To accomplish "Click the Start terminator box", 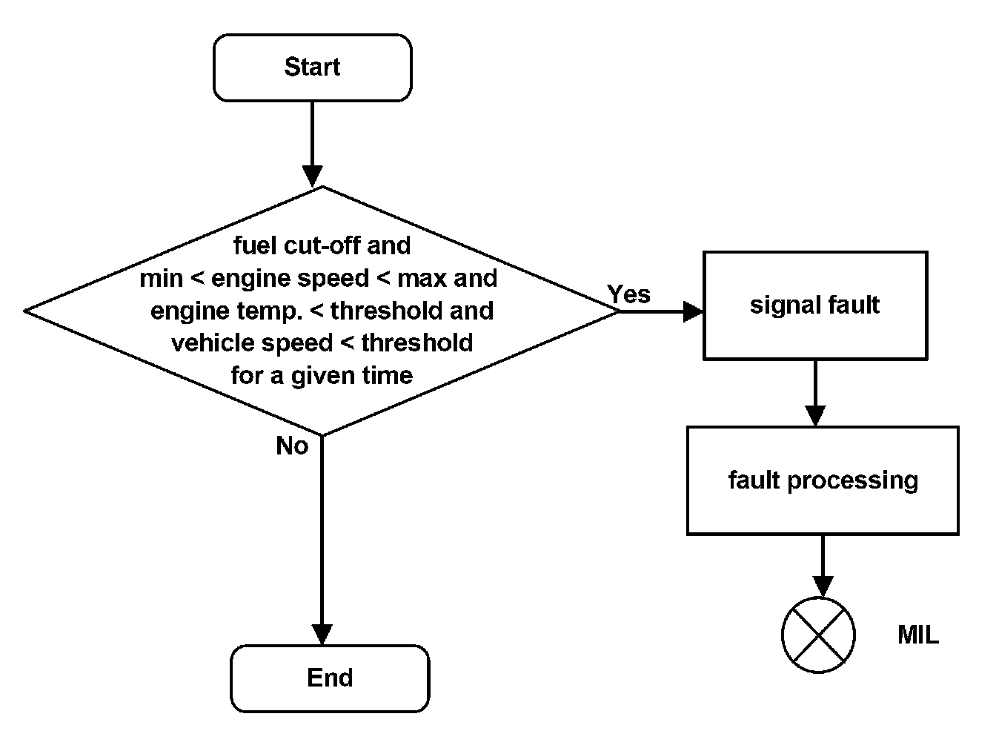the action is (312, 67).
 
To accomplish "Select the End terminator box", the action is (330, 678).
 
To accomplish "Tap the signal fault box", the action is (815, 305).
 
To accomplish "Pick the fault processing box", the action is (823, 480).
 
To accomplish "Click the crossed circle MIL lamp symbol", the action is (818, 635).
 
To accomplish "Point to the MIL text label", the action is (918, 635).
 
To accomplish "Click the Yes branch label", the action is (628, 294).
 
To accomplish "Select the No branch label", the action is (292, 446).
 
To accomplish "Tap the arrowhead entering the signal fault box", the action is (693, 311).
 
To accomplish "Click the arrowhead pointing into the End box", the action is (322, 635).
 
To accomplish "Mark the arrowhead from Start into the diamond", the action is (312, 176).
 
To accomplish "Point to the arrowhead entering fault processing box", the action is (815, 416).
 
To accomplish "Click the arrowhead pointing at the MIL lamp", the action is (823, 587).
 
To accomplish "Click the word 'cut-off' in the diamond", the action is (322, 245).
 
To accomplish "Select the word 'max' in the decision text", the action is (422, 279).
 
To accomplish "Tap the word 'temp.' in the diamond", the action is (270, 311).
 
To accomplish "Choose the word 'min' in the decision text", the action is (161, 279).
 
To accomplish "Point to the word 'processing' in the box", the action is (853, 481).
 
